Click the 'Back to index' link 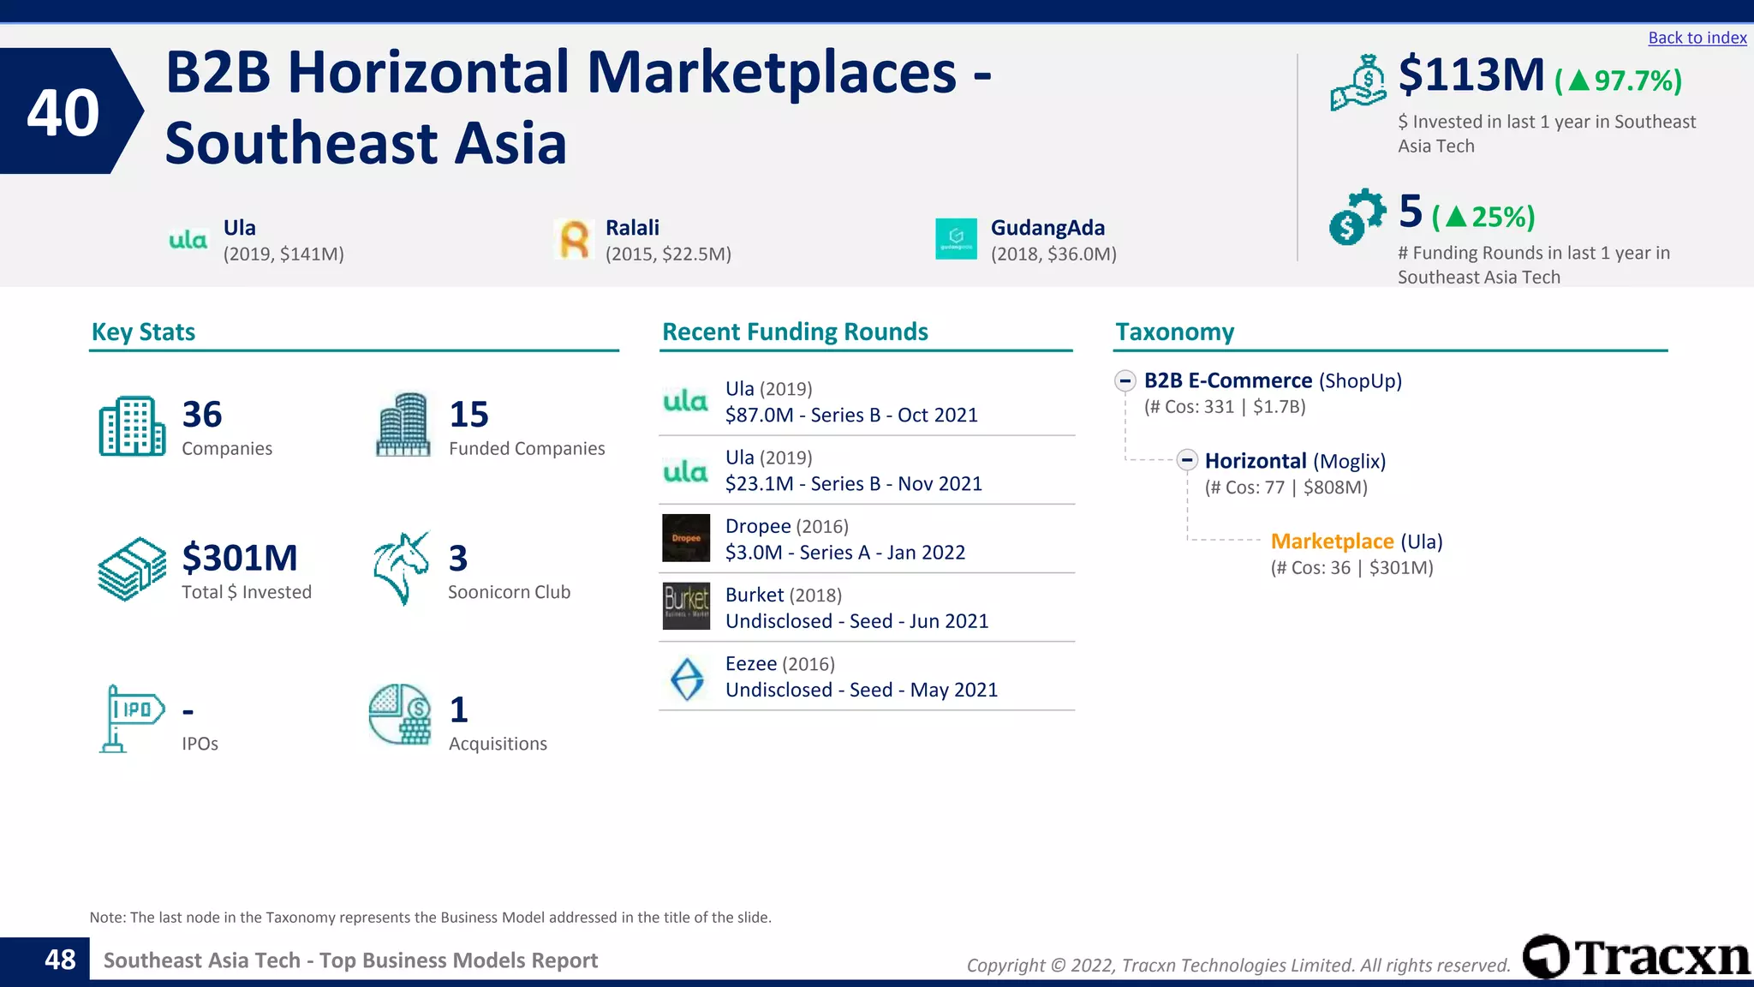coord(1697,38)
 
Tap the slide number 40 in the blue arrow coord(63,112)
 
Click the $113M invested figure coord(1471,75)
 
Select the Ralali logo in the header coord(574,239)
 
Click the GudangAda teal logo coord(956,239)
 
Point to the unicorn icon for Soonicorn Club coord(401,568)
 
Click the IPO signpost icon coord(131,718)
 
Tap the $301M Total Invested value coord(240,559)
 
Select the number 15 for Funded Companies coord(468,415)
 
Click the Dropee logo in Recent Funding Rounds coord(686,538)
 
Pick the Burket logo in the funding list coord(686,606)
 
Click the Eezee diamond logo coord(687,679)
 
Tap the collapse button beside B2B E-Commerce coord(1125,380)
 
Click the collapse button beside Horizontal coord(1186,461)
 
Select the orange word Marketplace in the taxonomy coord(1332,541)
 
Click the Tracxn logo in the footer coord(1636,957)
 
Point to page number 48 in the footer coord(60,960)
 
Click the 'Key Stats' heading coord(143,332)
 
